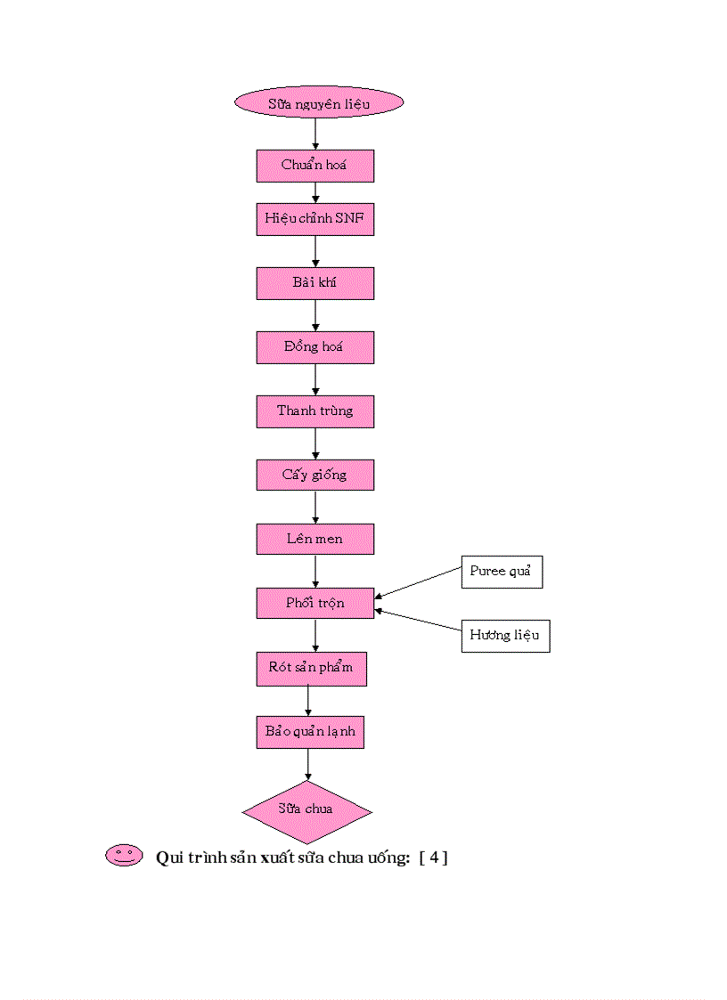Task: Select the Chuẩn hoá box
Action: (x=314, y=166)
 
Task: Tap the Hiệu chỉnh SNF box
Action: (x=314, y=219)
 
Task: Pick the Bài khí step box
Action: (x=314, y=283)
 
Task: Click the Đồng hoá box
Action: (x=314, y=347)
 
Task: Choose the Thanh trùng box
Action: (x=314, y=411)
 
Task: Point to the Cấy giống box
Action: (x=314, y=475)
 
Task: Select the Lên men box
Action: (x=314, y=539)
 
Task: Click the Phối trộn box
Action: (x=314, y=603)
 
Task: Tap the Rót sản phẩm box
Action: (x=311, y=668)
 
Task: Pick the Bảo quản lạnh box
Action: (x=310, y=732)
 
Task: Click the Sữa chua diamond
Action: (x=306, y=809)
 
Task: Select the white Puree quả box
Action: (x=501, y=572)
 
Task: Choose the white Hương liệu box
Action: (x=505, y=636)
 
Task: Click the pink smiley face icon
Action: (x=124, y=856)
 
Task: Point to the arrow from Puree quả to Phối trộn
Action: (x=418, y=584)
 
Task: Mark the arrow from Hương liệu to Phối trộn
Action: (x=418, y=620)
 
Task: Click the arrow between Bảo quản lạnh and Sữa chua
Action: (x=308, y=763)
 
